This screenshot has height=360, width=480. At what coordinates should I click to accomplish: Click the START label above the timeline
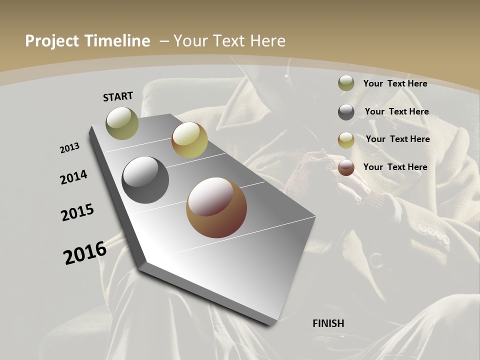118,96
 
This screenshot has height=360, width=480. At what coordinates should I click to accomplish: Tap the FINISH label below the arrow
328,323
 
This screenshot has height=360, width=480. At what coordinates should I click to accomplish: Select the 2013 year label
70,148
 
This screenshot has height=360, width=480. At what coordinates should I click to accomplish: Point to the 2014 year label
74,177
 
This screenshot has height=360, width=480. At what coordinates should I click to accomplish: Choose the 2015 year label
77,212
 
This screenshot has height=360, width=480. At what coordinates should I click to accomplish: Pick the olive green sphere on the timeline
122,123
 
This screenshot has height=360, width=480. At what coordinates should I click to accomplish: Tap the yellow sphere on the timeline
189,140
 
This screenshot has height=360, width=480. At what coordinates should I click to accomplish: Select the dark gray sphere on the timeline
145,180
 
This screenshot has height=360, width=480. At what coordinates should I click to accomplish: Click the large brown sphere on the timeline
216,207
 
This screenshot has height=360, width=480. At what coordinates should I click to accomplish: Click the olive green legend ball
346,83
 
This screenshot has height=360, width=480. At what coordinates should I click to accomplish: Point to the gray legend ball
346,112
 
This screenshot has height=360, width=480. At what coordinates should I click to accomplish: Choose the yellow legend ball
346,140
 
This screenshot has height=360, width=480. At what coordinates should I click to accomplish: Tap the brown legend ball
346,168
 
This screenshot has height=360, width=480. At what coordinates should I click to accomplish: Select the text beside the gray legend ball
396,111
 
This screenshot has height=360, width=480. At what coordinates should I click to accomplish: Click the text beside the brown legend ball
395,167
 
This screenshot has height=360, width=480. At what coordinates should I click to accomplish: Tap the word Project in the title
50,41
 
